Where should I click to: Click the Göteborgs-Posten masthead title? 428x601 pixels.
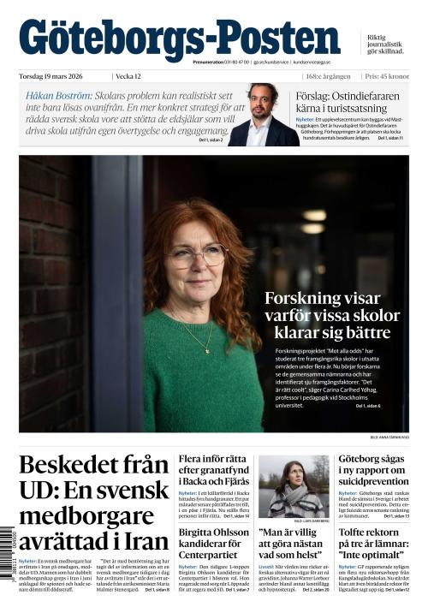180,39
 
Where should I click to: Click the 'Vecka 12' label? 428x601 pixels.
130,76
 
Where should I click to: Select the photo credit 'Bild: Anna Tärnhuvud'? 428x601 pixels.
389,437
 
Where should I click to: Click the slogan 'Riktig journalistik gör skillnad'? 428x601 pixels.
386,45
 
